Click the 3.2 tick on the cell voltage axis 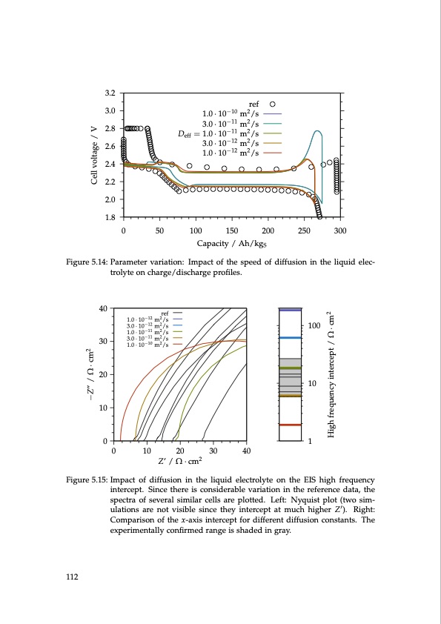tap(111, 93)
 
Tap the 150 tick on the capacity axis tap(232, 230)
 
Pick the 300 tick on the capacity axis tap(340, 230)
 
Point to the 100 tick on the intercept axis tap(314, 326)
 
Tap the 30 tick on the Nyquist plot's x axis tap(213, 451)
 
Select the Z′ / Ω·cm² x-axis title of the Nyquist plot tap(180, 462)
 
